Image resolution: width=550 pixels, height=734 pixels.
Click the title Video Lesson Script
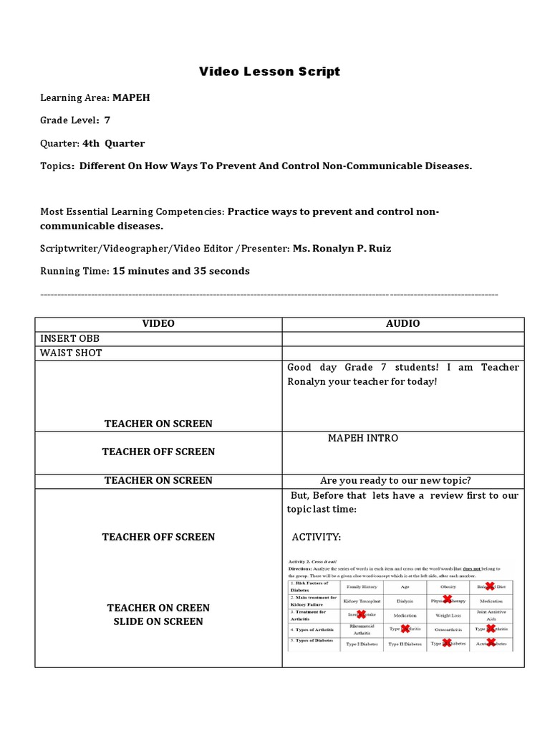[x=269, y=72]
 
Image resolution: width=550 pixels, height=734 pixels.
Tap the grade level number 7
[x=107, y=120]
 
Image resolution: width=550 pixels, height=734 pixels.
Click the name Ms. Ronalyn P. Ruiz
[x=342, y=248]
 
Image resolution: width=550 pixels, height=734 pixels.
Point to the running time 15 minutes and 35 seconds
[x=181, y=271]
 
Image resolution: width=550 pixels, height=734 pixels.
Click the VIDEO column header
[x=158, y=324]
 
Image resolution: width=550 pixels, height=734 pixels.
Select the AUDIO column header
[x=403, y=324]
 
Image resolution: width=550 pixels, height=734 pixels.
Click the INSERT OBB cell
[x=69, y=338]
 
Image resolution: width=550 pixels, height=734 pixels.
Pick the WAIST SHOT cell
[x=71, y=353]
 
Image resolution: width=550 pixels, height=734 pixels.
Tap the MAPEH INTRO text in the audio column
[x=363, y=438]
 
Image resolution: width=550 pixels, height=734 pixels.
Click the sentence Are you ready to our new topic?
[x=395, y=480]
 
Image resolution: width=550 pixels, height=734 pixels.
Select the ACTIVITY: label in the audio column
[x=317, y=537]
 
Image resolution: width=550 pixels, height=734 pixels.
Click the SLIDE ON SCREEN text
[x=158, y=621]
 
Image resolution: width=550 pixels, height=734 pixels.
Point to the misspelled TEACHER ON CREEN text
[x=158, y=608]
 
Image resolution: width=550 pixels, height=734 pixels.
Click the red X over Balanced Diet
[x=491, y=586]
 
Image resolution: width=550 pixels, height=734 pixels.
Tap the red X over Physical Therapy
[x=448, y=599]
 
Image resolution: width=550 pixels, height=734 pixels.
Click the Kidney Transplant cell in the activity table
[x=362, y=601]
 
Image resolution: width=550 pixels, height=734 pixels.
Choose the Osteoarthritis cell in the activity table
[x=448, y=629]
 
